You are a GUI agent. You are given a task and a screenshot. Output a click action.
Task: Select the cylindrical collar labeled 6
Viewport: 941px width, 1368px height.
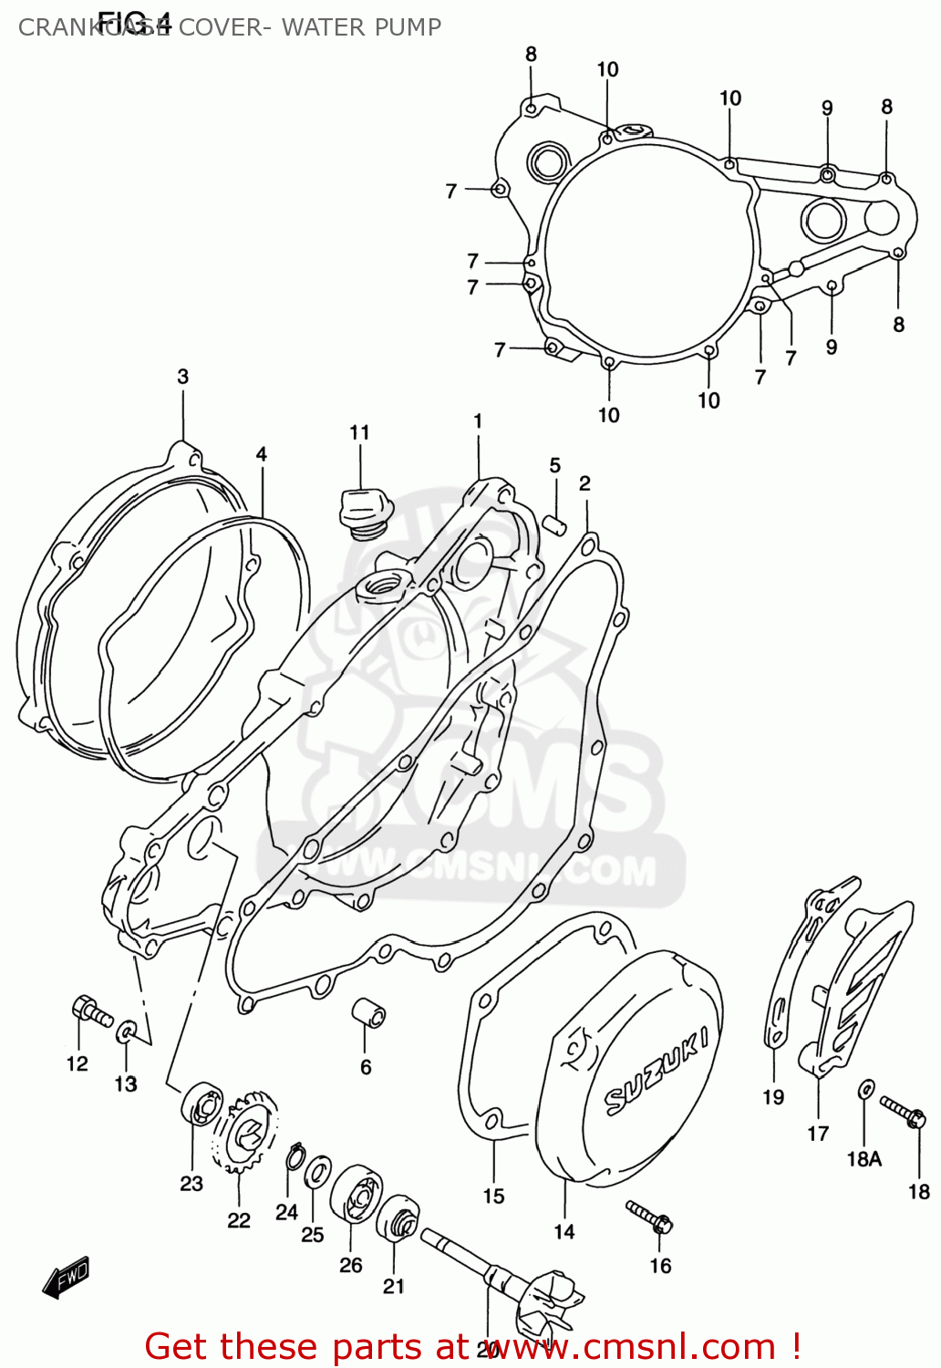click(369, 1012)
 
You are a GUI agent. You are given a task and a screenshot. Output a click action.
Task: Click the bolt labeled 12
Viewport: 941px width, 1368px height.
click(88, 1010)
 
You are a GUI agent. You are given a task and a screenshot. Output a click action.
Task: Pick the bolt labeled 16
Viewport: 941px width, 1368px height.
click(650, 1216)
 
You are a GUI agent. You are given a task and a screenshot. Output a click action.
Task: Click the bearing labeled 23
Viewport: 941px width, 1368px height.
click(202, 1105)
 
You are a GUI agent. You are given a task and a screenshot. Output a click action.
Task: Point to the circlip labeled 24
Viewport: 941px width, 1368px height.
click(294, 1156)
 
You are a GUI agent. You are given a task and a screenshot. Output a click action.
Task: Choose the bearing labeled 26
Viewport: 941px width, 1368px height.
click(356, 1196)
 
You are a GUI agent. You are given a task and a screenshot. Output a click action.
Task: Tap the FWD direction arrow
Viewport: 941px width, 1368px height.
click(67, 1278)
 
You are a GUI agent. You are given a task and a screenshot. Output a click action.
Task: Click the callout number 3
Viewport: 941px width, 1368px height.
click(182, 376)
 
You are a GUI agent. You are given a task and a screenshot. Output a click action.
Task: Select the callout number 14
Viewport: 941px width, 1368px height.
click(564, 1231)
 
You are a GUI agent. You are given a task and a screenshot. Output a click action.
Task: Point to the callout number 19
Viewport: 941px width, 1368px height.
click(773, 1097)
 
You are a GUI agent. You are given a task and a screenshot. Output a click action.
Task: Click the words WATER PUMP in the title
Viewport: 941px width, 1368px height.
click(361, 27)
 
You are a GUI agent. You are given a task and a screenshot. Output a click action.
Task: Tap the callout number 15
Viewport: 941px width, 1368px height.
click(493, 1196)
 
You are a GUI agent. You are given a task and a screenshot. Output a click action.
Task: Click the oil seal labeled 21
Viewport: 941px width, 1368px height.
click(398, 1219)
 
